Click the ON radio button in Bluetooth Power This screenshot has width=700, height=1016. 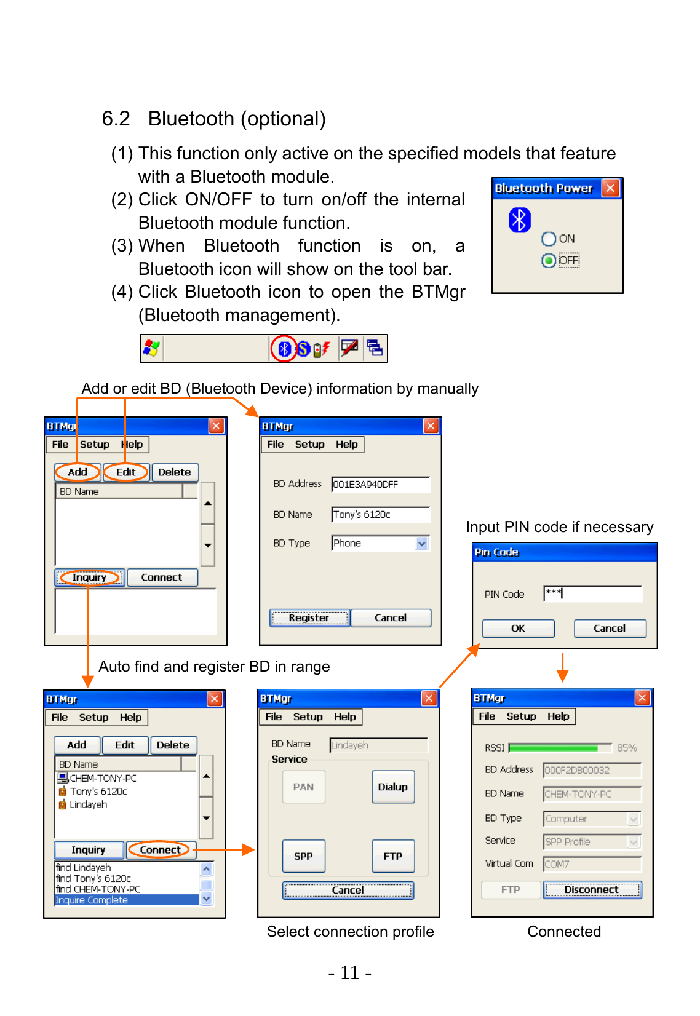coord(549,239)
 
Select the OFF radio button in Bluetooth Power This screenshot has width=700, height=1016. coord(549,261)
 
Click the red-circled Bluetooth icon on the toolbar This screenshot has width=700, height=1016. coord(284,349)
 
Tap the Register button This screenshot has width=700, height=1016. coord(309,618)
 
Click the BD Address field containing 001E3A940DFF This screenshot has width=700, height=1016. coord(380,485)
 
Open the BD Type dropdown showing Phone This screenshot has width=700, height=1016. coord(421,543)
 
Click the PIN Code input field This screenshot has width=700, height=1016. coord(592,593)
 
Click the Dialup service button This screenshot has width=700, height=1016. coord(393,787)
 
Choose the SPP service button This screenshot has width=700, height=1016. coord(303,856)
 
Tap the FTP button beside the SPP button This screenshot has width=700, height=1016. coord(393,856)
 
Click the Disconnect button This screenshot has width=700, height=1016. coord(592,890)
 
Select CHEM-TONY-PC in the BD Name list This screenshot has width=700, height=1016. coord(103,778)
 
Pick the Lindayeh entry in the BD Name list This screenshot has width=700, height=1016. coord(88,804)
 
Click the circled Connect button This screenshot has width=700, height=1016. coord(160,850)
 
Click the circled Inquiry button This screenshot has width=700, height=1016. coord(89,577)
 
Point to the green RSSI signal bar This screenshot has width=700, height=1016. coord(554,748)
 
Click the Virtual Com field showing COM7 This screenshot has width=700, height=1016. coord(592,864)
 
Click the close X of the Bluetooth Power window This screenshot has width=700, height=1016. coord(610,188)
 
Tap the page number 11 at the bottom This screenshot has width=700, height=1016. coord(349,973)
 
